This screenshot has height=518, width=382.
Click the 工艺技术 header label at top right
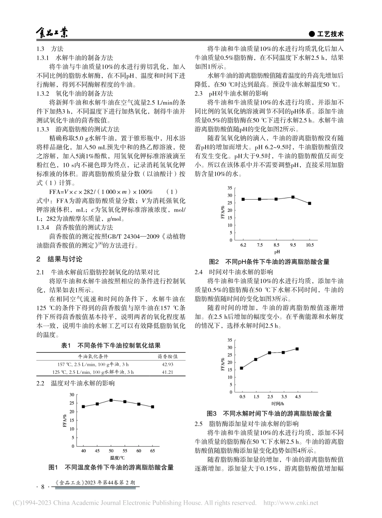(x=327, y=35)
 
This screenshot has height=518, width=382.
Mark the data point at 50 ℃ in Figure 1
(x=111, y=400)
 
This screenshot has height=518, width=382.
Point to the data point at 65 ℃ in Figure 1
(x=152, y=407)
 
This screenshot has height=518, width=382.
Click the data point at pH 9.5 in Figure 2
(x=293, y=197)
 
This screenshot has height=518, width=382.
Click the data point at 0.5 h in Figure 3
(x=242, y=368)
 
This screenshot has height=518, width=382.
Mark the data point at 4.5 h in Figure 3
(x=297, y=349)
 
